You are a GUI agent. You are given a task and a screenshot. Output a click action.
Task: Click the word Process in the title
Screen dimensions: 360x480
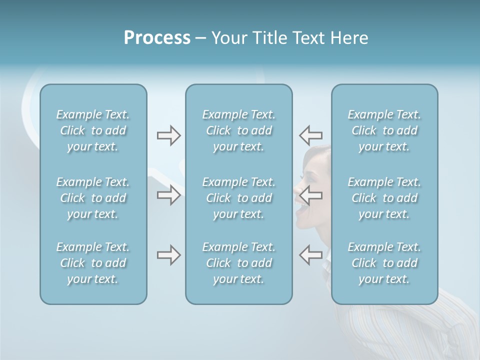pyautogui.click(x=157, y=38)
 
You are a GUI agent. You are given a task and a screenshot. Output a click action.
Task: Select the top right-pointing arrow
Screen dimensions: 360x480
pyautogui.click(x=168, y=135)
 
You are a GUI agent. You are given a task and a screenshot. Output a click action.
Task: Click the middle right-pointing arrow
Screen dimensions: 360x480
pyautogui.click(x=168, y=195)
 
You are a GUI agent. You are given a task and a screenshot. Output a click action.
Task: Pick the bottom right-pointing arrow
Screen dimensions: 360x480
pyautogui.click(x=168, y=255)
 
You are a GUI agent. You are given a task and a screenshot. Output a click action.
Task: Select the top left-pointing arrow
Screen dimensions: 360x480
pyautogui.click(x=310, y=135)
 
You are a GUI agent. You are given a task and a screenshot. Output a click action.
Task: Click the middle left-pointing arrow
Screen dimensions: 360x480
pyautogui.click(x=310, y=195)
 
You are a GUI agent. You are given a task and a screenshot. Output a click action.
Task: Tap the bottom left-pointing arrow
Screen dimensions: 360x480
pyautogui.click(x=310, y=255)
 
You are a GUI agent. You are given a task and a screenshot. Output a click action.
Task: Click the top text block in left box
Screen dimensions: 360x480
pyautogui.click(x=93, y=130)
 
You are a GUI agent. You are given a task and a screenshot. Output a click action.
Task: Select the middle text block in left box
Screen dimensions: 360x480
pyautogui.click(x=93, y=198)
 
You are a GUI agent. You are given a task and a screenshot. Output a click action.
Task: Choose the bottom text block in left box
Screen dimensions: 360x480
pyautogui.click(x=93, y=263)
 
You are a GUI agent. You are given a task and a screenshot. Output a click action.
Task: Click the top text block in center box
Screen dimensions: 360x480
pyautogui.click(x=238, y=130)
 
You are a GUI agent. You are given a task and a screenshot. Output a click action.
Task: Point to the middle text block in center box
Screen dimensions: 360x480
pyautogui.click(x=238, y=198)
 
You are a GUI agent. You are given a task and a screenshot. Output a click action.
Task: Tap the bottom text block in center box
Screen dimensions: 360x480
pyautogui.click(x=238, y=263)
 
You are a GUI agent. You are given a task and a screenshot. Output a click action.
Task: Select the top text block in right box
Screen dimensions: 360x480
pyautogui.click(x=384, y=130)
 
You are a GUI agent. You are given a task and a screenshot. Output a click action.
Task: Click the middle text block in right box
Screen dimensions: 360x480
pyautogui.click(x=384, y=198)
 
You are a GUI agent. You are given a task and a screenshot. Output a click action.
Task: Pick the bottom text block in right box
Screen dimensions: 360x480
pyautogui.click(x=384, y=263)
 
